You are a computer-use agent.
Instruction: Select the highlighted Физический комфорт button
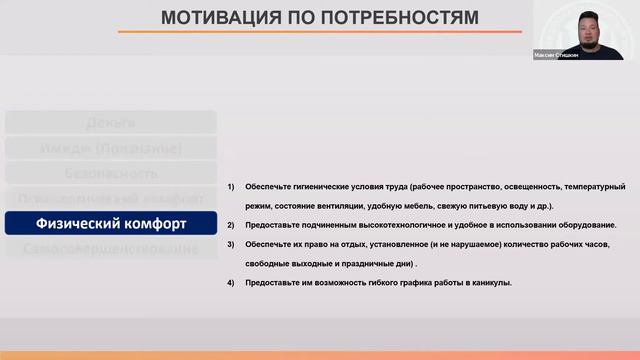click(x=111, y=222)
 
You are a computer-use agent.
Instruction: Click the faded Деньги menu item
click(x=111, y=123)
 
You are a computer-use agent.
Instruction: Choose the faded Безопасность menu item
click(x=111, y=173)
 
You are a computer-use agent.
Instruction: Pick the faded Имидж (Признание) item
click(x=111, y=148)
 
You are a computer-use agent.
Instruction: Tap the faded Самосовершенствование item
click(x=111, y=247)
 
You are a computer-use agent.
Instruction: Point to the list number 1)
click(x=231, y=187)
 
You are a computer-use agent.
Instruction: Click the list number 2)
click(x=231, y=225)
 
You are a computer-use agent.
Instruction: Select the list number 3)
click(x=231, y=245)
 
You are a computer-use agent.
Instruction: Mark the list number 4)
click(x=231, y=283)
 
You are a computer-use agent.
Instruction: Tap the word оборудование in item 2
click(x=585, y=225)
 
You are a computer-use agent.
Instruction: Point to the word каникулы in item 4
click(x=491, y=283)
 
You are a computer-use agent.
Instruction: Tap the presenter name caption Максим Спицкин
click(x=556, y=55)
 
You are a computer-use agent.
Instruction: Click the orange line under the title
click(x=320, y=32)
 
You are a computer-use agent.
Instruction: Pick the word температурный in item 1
click(x=594, y=187)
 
